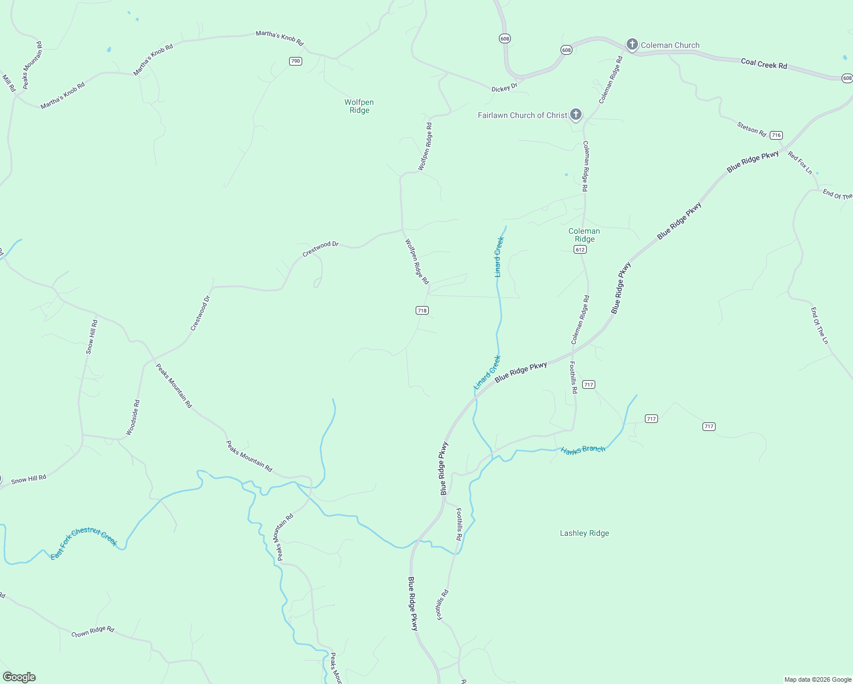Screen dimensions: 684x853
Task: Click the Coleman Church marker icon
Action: pyautogui.click(x=632, y=44)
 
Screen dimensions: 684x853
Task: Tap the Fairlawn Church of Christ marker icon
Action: pyautogui.click(x=576, y=115)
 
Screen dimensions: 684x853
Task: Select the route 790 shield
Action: pyautogui.click(x=295, y=61)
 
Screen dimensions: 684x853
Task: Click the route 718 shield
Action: pyautogui.click(x=422, y=311)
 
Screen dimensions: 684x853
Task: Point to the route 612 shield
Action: pyautogui.click(x=580, y=250)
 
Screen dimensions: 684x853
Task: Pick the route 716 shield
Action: pyautogui.click(x=776, y=135)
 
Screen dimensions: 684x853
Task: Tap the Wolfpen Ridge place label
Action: pyautogui.click(x=359, y=107)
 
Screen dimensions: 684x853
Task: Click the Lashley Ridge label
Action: pyautogui.click(x=584, y=534)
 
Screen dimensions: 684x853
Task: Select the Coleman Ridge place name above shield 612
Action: pyautogui.click(x=584, y=235)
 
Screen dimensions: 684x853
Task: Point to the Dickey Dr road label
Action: pyautogui.click(x=504, y=87)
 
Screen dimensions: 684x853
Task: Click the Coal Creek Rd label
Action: pyautogui.click(x=764, y=64)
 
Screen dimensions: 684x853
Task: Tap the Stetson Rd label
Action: pyautogui.click(x=752, y=129)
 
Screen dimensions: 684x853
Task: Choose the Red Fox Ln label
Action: pyautogui.click(x=800, y=162)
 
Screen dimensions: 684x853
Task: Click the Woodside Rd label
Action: pyautogui.click(x=132, y=418)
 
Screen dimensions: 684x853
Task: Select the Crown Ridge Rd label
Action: pyautogui.click(x=93, y=632)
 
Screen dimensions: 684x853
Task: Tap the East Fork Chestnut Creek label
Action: pyautogui.click(x=84, y=543)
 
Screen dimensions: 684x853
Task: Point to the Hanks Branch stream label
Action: pyautogui.click(x=583, y=450)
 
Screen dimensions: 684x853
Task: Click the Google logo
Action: pyautogui.click(x=19, y=677)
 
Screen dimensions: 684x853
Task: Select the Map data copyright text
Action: pyautogui.click(x=818, y=679)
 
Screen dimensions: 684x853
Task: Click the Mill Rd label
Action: pyautogui.click(x=9, y=83)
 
